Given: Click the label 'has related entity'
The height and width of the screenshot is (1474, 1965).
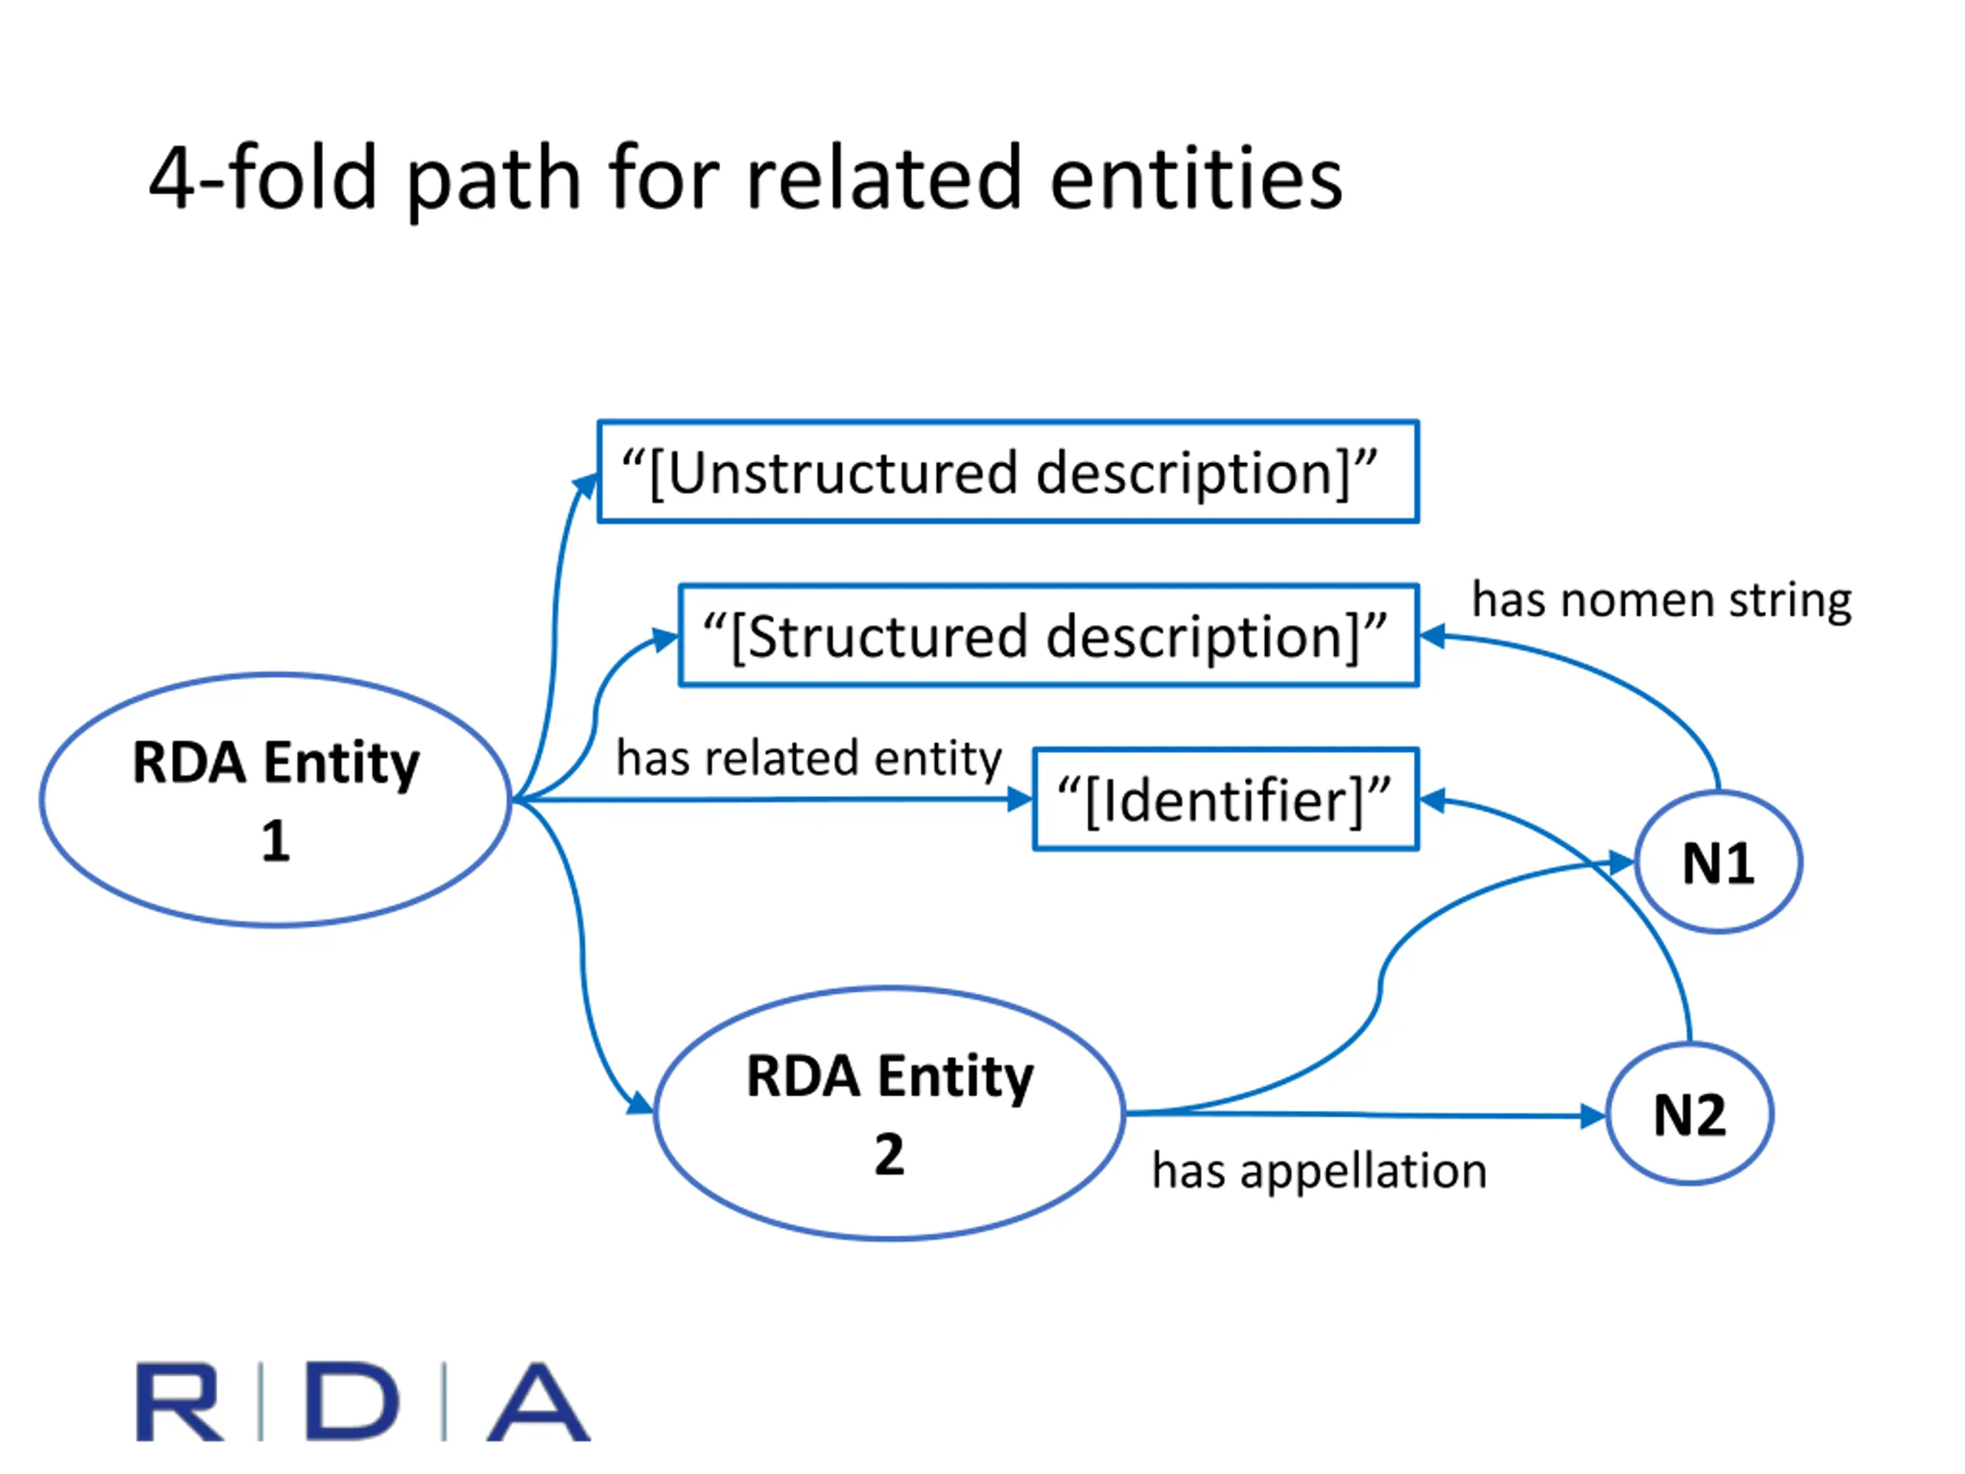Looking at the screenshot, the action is tap(809, 758).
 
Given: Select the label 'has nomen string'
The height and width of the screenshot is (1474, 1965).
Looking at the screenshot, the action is tap(1662, 600).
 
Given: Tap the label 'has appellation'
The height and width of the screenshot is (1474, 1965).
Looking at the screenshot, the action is tap(1319, 1171).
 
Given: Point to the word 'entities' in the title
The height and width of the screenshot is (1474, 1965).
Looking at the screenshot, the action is tap(1196, 177).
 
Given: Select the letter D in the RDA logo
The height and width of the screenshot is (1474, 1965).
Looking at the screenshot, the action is tap(352, 1401).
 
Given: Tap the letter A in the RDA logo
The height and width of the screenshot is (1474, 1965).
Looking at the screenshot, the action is tap(538, 1401).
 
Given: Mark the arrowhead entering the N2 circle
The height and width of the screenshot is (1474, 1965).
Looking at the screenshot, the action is tap(1593, 1115).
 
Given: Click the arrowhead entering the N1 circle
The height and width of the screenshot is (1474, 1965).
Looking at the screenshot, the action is tap(1622, 862).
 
